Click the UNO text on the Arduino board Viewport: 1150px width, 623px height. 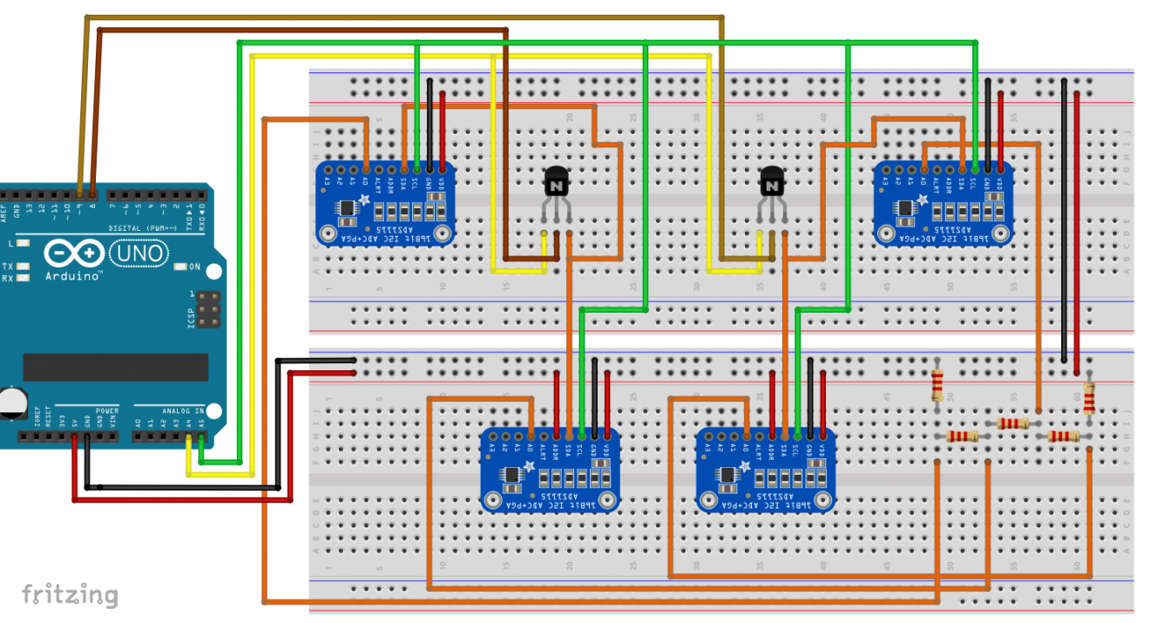coord(139,254)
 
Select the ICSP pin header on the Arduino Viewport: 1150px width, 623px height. coord(207,310)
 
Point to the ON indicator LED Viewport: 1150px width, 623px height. coord(181,267)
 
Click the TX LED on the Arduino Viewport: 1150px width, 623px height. coord(24,266)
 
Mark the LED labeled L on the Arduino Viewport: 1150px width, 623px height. coord(24,243)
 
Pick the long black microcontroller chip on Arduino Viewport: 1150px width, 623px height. coord(115,367)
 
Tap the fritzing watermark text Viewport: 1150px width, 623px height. coord(70,595)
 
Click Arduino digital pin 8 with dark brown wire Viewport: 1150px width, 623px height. coord(92,191)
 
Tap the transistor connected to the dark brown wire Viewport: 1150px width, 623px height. coord(556,183)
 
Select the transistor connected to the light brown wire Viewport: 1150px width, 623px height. coord(771,183)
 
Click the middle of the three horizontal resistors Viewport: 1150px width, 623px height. coord(1011,423)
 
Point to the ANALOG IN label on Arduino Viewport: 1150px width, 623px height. coord(182,410)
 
